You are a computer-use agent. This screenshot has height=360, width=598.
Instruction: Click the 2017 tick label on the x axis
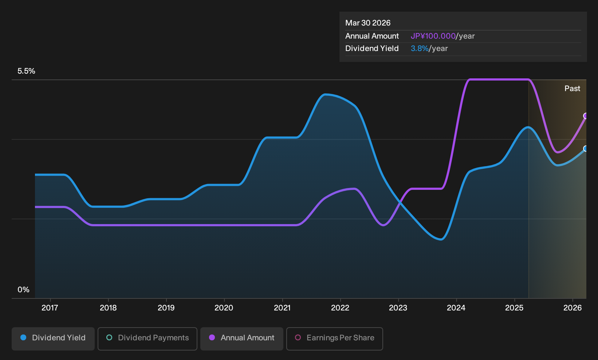tap(50, 308)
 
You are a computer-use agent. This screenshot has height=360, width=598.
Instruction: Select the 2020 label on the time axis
tap(224, 308)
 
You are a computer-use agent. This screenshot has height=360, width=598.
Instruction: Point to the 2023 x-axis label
tap(398, 308)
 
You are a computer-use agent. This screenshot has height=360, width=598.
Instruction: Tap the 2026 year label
tap(573, 308)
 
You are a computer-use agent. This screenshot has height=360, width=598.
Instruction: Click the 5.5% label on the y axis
tap(26, 71)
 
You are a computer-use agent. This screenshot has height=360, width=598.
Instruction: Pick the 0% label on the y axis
tap(24, 290)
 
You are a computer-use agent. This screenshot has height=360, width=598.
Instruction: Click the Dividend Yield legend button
tap(53, 339)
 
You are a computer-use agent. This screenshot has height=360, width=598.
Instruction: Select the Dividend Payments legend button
tap(147, 339)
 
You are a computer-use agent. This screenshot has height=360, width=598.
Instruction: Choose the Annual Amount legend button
tap(241, 339)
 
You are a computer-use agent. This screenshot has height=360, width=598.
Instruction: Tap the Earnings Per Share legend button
tap(334, 339)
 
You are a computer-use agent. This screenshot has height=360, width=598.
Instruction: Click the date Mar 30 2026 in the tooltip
tap(368, 23)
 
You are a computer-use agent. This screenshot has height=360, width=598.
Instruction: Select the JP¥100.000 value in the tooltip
tap(433, 36)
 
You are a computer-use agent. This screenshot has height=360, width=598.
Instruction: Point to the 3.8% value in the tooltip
tap(420, 48)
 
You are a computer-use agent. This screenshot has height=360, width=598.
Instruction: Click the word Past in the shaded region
tap(573, 89)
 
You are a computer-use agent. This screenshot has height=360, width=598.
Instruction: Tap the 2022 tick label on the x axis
tap(340, 308)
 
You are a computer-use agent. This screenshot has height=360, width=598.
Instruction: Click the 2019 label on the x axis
tap(166, 308)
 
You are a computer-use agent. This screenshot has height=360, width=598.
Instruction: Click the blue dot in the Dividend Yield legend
tap(24, 337)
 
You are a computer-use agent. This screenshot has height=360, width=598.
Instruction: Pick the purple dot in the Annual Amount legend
tap(212, 337)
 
